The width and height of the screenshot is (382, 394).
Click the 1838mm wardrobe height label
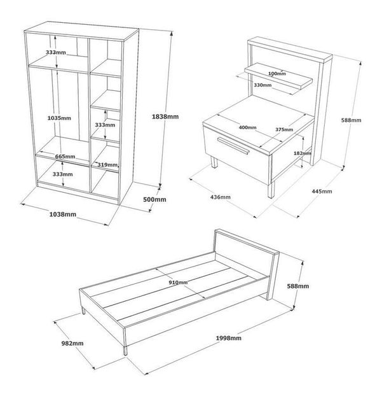165,116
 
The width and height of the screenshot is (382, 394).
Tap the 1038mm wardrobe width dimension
63,215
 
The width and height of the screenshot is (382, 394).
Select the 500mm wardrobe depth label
154,199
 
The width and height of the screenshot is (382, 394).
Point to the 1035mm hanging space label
59,118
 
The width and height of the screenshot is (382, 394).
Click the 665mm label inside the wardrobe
65,157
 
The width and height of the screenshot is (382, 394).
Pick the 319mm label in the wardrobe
107,165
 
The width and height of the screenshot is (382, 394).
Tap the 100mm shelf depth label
277,74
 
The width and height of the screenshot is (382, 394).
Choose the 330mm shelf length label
263,85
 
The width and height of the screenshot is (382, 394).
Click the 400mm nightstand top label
247,128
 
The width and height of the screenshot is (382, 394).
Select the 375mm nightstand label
284,130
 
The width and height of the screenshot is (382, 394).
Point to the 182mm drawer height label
302,153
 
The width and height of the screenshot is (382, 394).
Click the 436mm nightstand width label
221,197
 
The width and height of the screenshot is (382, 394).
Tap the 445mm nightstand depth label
322,192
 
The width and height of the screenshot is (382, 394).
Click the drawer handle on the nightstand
233,145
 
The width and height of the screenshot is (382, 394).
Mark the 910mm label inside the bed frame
178,283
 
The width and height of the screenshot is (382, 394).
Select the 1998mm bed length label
229,338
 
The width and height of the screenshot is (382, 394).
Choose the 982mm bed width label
72,343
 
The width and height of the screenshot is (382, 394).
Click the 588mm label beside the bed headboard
298,286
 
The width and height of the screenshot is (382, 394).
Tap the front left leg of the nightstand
215,162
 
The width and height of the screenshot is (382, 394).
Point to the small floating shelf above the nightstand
278,76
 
